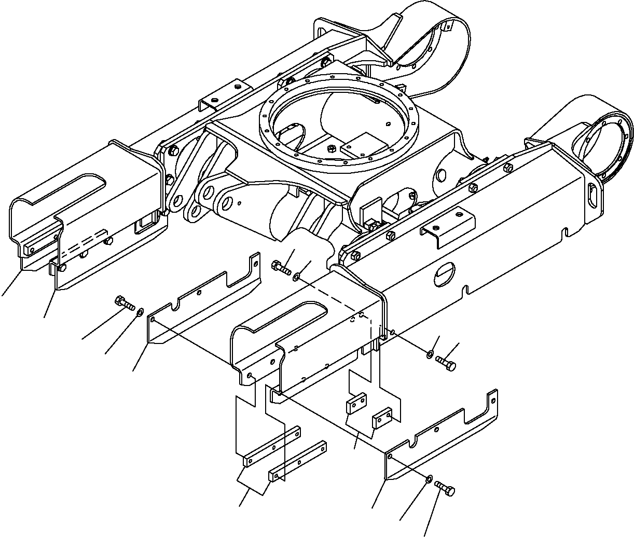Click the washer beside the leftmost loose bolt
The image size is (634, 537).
139,312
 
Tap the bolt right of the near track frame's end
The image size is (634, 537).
446,361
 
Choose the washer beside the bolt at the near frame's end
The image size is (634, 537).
430,354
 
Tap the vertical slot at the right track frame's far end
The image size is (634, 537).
593,196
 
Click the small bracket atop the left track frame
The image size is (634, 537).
222,96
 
